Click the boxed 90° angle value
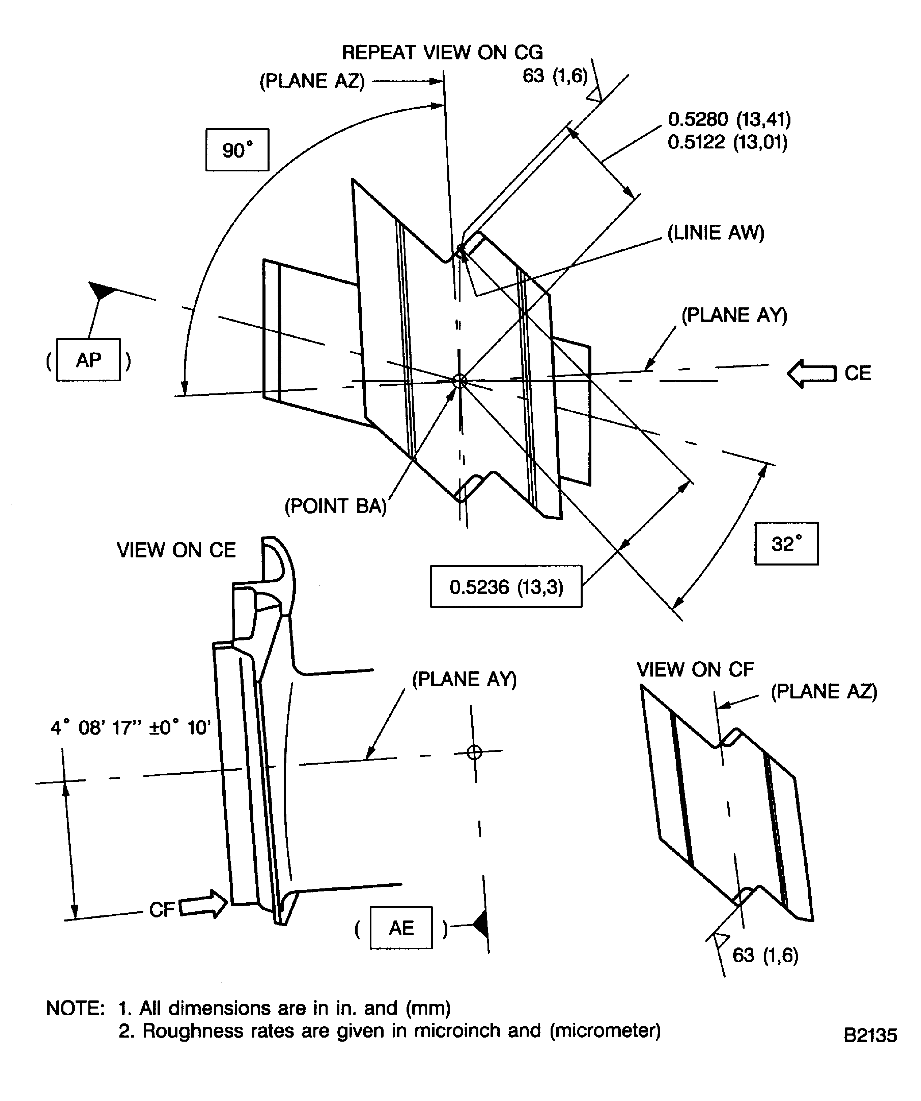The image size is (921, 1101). point(237,150)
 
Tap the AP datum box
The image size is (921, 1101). point(88,360)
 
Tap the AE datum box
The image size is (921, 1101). point(401,928)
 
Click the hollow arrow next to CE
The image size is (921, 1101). point(811,373)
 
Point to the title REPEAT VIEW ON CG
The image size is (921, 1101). point(442,52)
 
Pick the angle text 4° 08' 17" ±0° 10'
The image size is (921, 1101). point(131,728)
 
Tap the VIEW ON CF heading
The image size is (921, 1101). point(695,669)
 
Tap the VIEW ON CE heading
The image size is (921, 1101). point(176,550)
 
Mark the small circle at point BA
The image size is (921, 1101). point(460,381)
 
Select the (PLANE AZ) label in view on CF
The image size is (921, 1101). point(824,691)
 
